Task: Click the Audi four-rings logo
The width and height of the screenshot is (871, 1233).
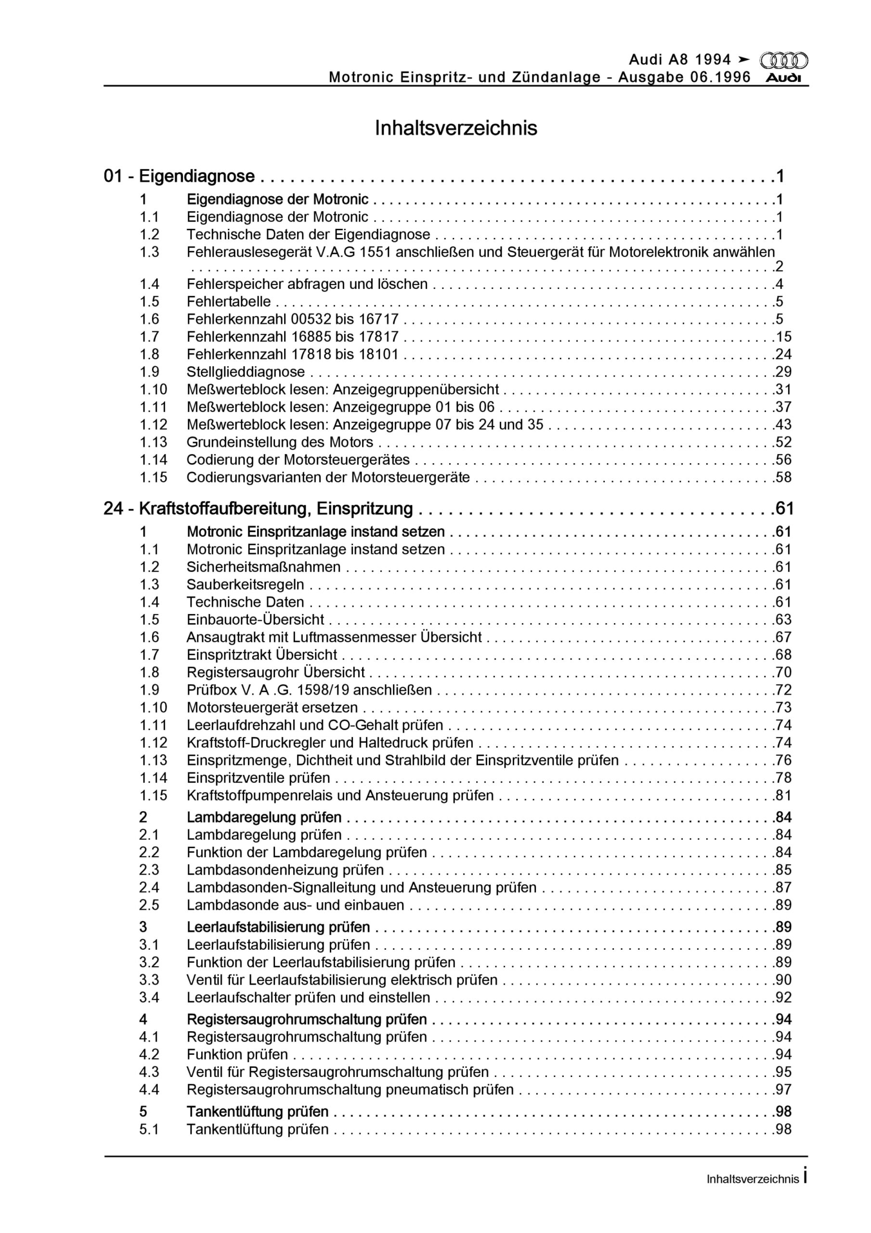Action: [783, 60]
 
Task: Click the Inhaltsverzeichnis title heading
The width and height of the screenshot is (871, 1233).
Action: [455, 128]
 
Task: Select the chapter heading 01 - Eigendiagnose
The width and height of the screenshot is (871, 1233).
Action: [180, 176]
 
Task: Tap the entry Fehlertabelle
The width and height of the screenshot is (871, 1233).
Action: [229, 302]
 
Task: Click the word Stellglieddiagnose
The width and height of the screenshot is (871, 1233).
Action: [246, 372]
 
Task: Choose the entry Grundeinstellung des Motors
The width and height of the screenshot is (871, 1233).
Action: [280, 443]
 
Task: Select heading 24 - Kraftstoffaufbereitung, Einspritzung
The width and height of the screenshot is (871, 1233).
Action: [258, 509]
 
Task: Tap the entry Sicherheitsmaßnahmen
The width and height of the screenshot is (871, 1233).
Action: [264, 567]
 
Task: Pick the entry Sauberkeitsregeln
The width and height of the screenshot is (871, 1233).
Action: [246, 585]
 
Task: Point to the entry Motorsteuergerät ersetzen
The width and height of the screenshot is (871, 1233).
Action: [272, 708]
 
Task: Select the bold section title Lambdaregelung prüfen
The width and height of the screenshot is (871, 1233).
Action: [264, 817]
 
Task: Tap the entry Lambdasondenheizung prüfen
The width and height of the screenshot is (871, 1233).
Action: [285, 870]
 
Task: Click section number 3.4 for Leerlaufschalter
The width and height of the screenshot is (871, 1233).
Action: [149, 998]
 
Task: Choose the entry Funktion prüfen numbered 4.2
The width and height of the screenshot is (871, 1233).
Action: [237, 1055]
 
